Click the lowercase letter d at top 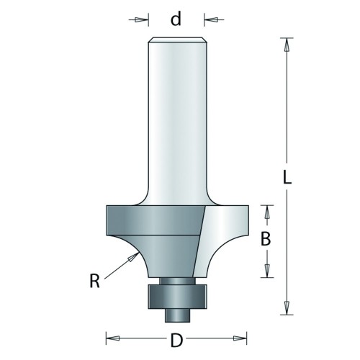[176, 19]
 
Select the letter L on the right [287, 177]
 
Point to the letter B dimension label [266, 239]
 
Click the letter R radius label [94, 281]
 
